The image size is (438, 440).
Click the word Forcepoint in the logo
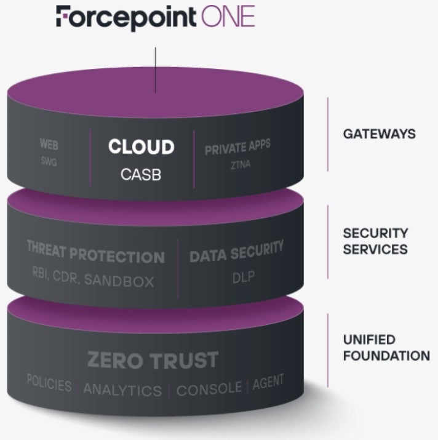click(125, 17)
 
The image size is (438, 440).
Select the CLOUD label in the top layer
click(141, 147)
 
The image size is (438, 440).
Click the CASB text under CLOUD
click(141, 174)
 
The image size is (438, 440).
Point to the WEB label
click(49, 143)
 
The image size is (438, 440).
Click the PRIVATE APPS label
click(237, 148)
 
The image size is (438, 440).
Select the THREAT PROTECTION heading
click(96, 256)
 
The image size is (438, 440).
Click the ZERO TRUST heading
click(153, 359)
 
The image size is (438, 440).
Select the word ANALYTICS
click(122, 390)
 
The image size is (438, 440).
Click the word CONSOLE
click(209, 389)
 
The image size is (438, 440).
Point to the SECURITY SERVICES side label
click(375, 241)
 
